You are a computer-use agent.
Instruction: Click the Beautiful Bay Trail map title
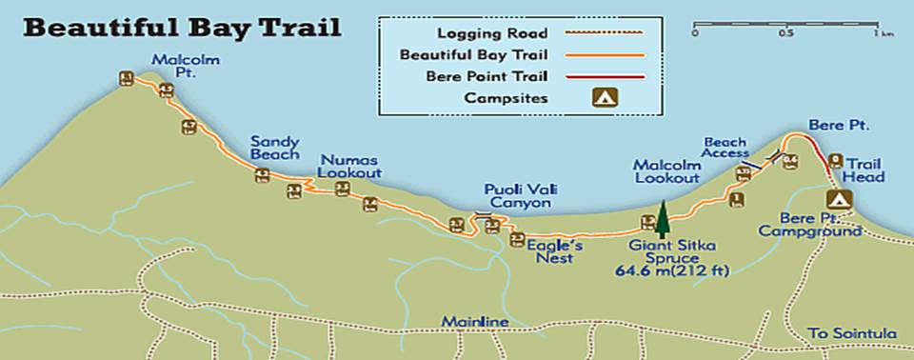(181, 27)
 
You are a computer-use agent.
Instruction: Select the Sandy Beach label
(275, 148)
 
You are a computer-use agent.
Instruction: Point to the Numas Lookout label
(350, 166)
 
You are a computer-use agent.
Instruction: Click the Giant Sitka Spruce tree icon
(662, 219)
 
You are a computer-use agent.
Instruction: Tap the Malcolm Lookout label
(667, 171)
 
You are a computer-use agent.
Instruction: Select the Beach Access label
(725, 148)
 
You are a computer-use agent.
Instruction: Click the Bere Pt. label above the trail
(826, 125)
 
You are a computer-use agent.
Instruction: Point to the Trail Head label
(864, 170)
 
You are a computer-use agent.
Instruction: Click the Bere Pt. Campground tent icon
(839, 200)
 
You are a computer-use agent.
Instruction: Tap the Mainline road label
(475, 322)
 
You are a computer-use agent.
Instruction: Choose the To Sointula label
(851, 333)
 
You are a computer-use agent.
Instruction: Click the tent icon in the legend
(604, 97)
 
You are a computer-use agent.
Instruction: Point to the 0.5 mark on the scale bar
(785, 33)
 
